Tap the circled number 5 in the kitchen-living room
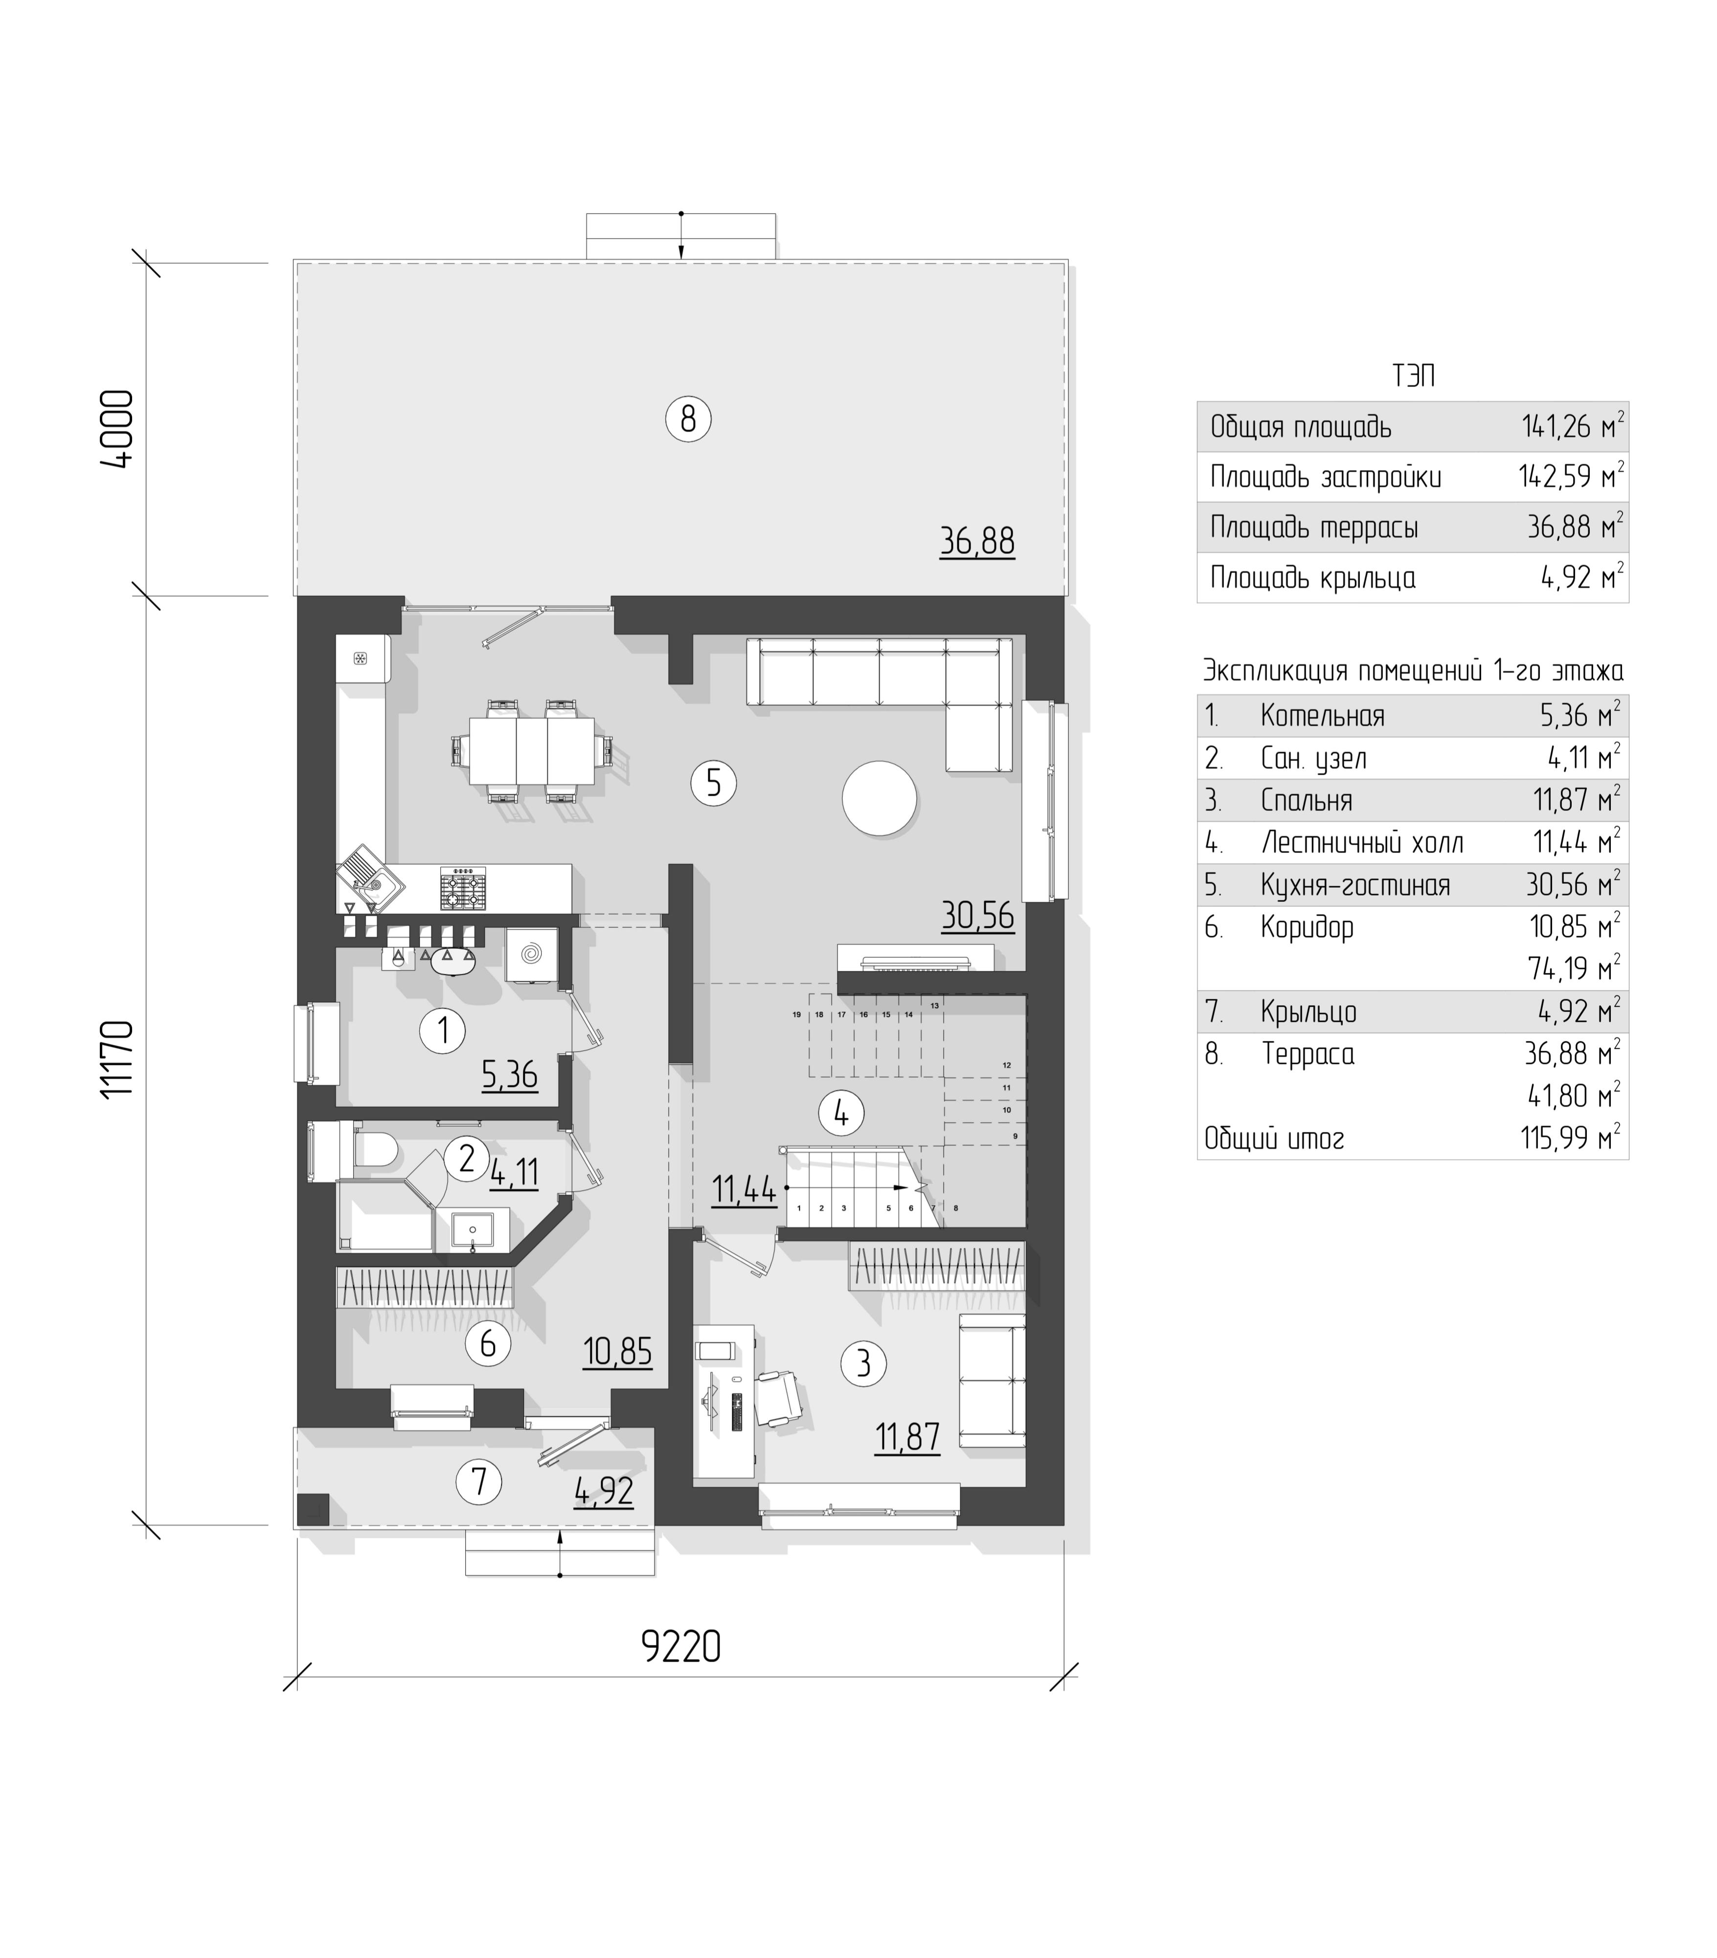(x=712, y=783)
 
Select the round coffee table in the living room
(x=879, y=798)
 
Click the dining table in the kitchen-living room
(x=531, y=750)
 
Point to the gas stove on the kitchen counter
(x=463, y=888)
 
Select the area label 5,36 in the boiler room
(x=509, y=1075)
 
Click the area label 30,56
(x=977, y=916)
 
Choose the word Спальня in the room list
(x=1306, y=800)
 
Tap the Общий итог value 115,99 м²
(x=1570, y=1138)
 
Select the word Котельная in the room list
(x=1322, y=715)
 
